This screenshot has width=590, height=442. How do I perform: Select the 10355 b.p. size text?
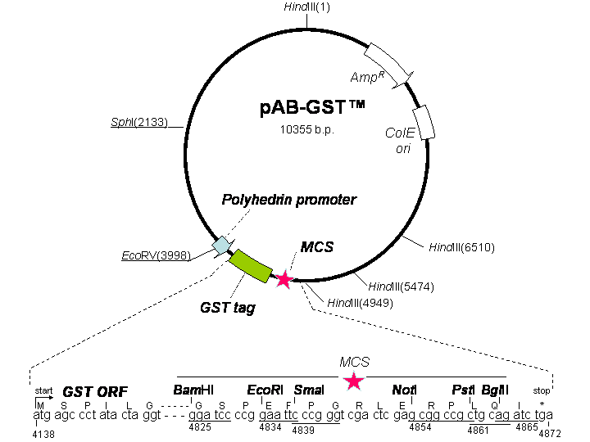[307, 129]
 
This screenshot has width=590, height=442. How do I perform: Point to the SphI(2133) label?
[139, 123]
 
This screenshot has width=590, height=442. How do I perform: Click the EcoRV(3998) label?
[156, 255]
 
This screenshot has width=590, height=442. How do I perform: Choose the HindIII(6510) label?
[462, 246]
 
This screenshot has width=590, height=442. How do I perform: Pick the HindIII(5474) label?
[401, 286]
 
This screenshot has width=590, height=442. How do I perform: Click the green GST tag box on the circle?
[250, 265]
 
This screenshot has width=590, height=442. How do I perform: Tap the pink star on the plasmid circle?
[284, 280]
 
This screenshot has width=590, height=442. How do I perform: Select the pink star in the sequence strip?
[354, 381]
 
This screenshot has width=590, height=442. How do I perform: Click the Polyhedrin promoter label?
[288, 200]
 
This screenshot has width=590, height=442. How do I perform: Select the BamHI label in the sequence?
[193, 390]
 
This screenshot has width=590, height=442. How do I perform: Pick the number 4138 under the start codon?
[43, 434]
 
